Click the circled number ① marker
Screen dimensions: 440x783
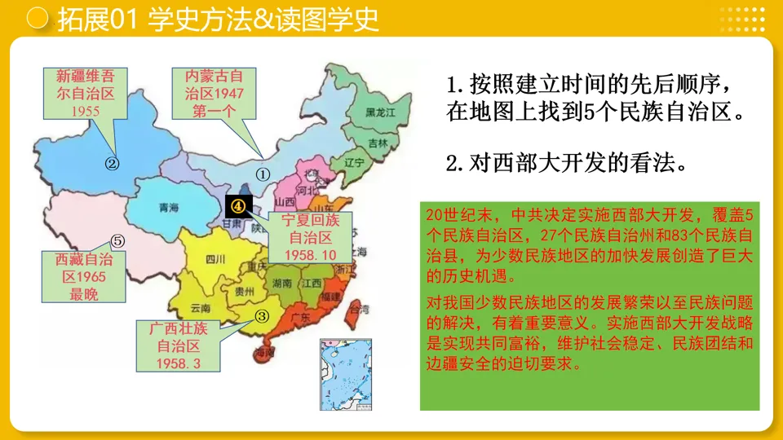263,174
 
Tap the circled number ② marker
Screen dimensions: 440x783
113,163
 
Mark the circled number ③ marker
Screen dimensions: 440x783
262,316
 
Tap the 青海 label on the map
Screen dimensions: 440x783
169,208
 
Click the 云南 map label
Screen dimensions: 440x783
200,308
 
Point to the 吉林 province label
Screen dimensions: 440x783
378,143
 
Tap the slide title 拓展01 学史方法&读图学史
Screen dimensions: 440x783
218,20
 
